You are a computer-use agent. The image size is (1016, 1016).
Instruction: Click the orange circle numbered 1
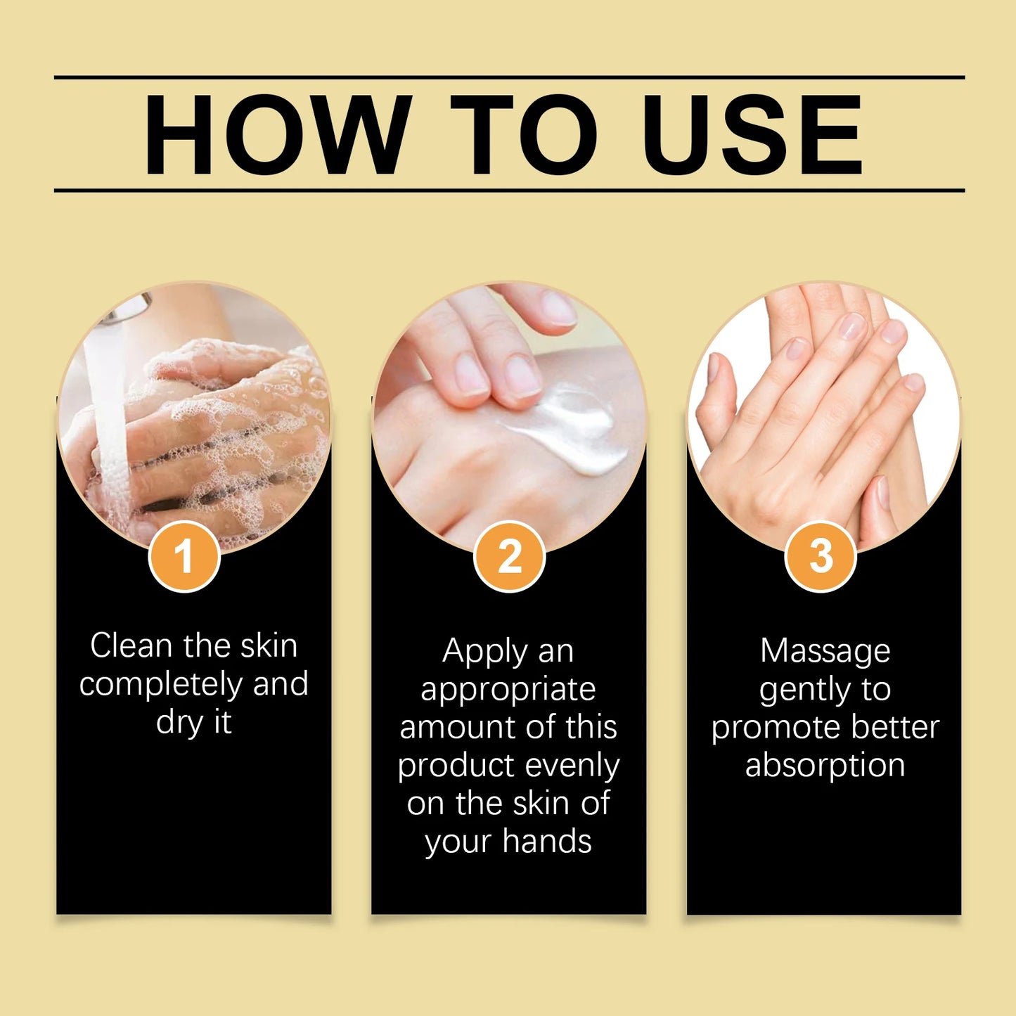(184, 556)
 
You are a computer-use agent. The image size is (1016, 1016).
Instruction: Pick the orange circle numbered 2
(509, 556)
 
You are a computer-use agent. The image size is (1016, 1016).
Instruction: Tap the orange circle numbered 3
(821, 556)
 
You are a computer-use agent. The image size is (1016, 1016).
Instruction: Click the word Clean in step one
(131, 645)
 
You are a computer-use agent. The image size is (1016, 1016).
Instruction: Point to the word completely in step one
(162, 684)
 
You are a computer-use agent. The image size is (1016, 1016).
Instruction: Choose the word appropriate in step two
(508, 689)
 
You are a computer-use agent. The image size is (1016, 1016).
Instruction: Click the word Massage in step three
(825, 651)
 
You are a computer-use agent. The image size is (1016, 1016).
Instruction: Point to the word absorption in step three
(825, 765)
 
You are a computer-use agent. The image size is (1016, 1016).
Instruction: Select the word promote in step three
(766, 728)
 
